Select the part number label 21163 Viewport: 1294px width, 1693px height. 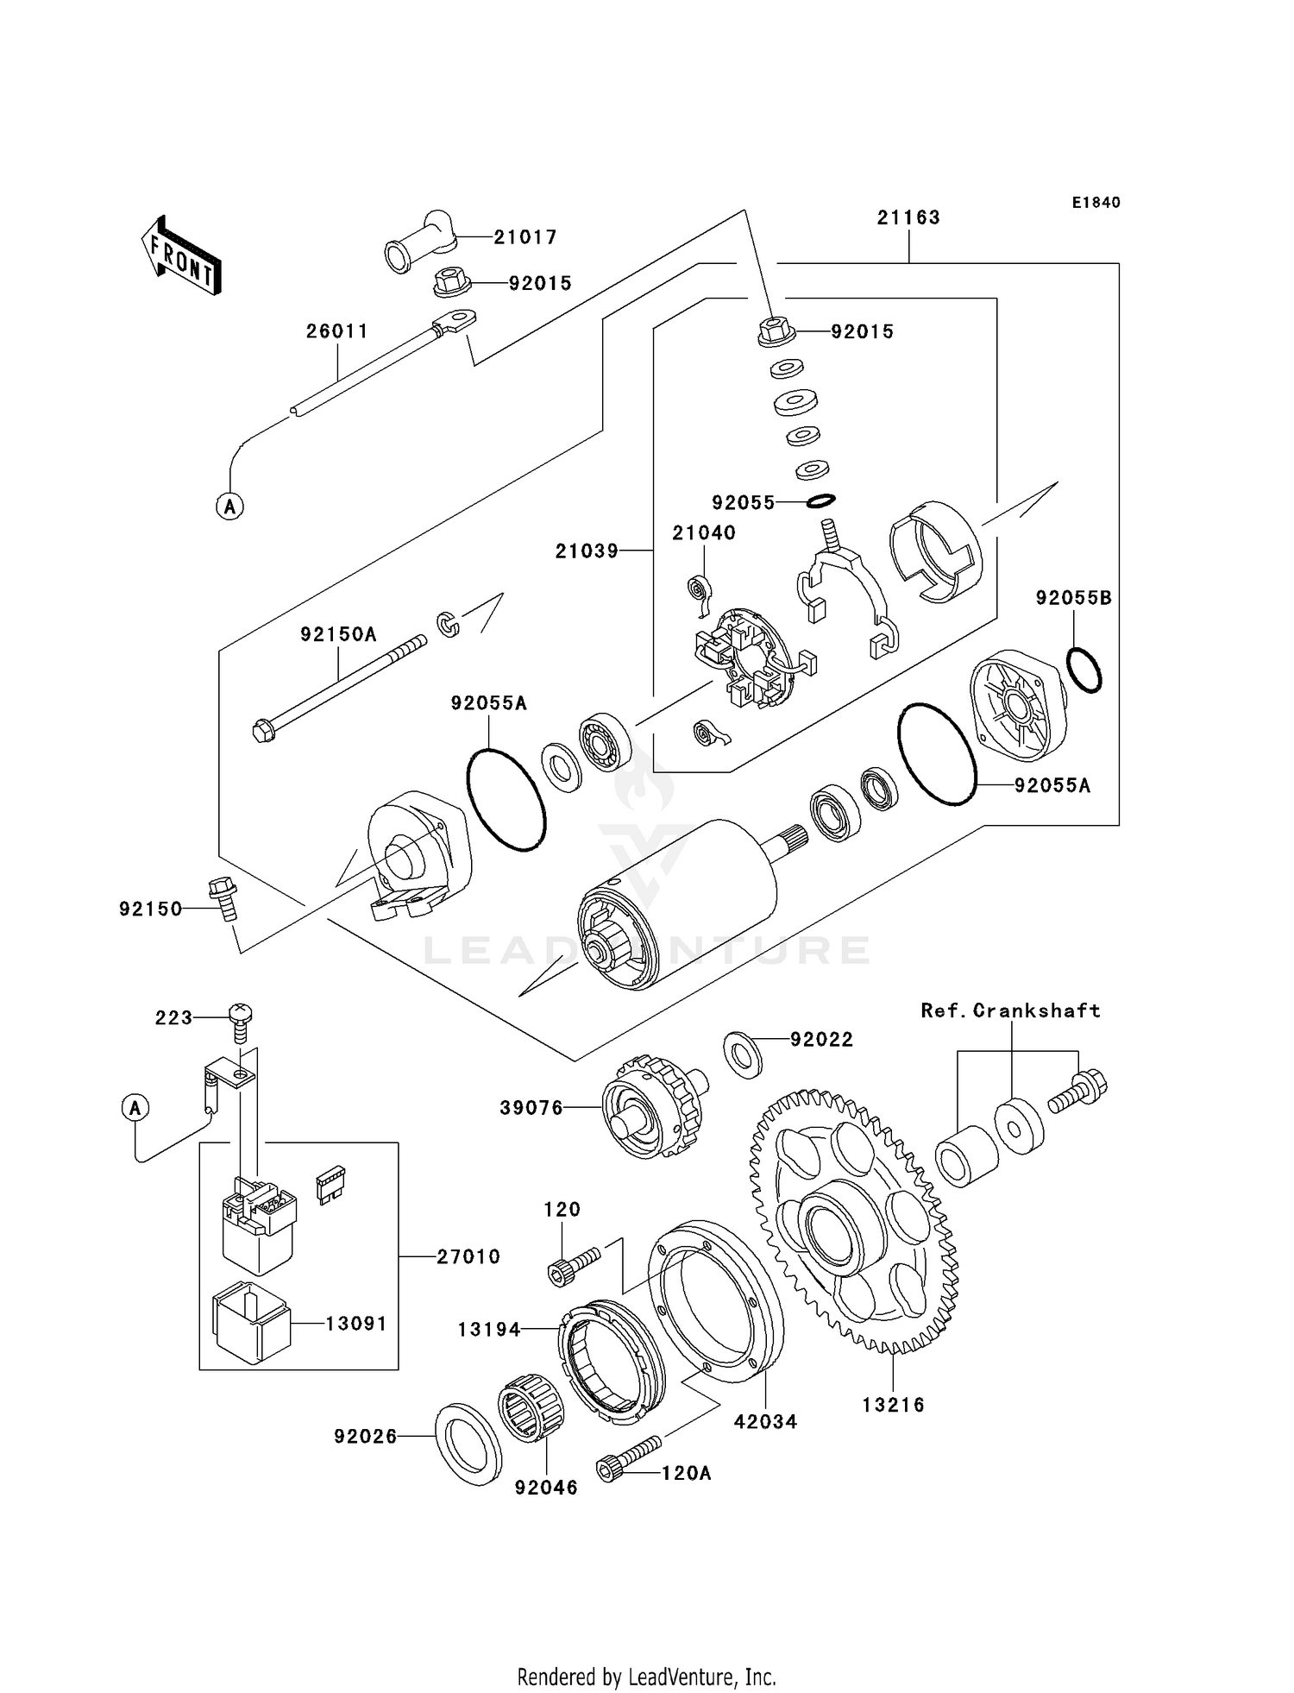click(908, 217)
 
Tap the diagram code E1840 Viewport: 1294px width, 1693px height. click(1096, 203)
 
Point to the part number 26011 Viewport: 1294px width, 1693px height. click(337, 331)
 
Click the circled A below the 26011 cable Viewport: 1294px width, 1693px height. click(229, 506)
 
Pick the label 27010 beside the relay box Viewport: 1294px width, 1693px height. click(468, 1257)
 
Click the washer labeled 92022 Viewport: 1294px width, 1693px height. click(743, 1053)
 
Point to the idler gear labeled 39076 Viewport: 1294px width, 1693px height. click(651, 1106)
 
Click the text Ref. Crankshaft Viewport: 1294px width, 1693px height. click(1010, 1010)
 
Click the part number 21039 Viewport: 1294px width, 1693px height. click(587, 551)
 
